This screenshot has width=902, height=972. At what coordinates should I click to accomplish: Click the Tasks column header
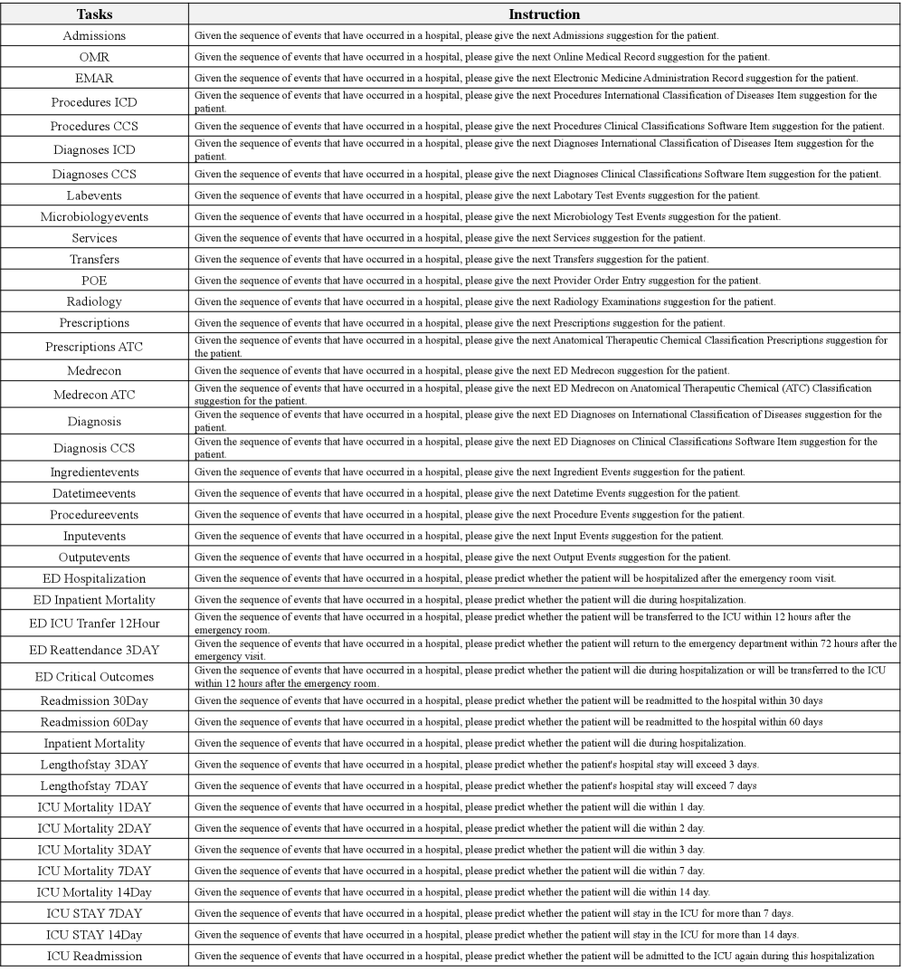[x=94, y=14]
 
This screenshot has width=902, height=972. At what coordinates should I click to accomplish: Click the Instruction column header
[x=545, y=14]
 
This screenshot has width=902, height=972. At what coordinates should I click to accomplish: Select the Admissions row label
[x=94, y=35]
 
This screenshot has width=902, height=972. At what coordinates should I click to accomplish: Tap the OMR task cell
[x=94, y=56]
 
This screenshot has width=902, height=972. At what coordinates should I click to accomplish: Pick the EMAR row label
[x=94, y=78]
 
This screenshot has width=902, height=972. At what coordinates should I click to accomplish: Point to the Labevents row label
[x=94, y=195]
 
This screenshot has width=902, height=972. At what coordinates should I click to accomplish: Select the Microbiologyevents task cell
[x=94, y=216]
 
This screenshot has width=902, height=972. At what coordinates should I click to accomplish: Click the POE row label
[x=94, y=280]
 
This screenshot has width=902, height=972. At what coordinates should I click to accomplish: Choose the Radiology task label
[x=94, y=300]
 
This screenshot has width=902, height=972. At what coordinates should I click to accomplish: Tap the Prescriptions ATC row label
[x=94, y=347]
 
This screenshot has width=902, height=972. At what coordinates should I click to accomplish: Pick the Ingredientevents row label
[x=94, y=472]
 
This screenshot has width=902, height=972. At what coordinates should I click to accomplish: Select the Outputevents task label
[x=94, y=557]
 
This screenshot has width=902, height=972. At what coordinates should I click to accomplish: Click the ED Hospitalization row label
[x=94, y=578]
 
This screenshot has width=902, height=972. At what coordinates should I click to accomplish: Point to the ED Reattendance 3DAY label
[x=94, y=649]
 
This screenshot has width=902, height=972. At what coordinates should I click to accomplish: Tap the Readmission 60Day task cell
[x=94, y=721]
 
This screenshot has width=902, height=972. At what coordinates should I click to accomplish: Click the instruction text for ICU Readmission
[x=534, y=956]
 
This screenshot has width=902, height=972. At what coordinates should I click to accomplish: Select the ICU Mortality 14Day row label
[x=94, y=891]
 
